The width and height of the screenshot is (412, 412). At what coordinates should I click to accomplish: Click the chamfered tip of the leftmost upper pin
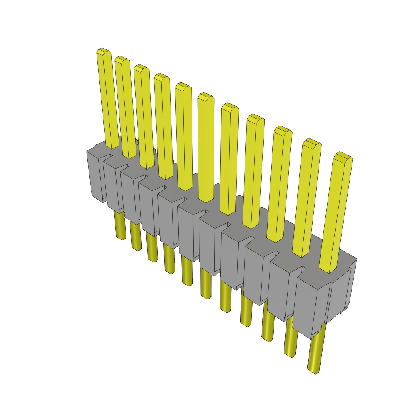[x=103, y=51]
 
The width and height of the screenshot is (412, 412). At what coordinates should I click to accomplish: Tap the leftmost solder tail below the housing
[x=119, y=225]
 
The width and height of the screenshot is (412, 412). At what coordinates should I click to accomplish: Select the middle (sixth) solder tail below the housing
[x=206, y=284]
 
